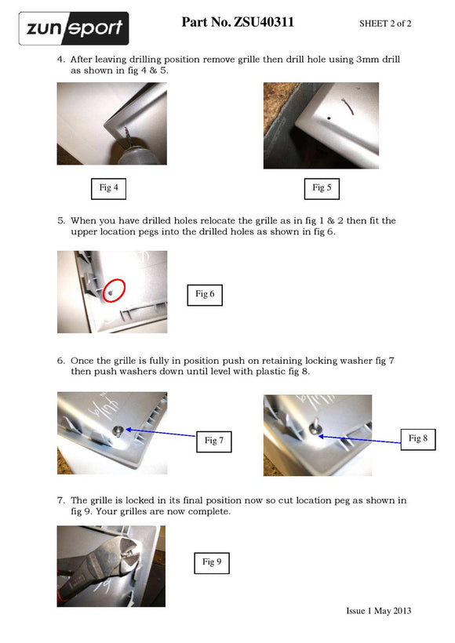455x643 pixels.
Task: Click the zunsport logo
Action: [74, 28]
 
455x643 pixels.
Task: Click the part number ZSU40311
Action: [264, 22]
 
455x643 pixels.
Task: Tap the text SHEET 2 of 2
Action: [385, 24]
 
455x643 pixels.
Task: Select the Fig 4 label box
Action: [108, 189]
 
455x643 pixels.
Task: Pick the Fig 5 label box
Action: [322, 189]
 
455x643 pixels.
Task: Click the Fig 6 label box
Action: [205, 295]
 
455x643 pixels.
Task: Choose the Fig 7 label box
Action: [213, 441]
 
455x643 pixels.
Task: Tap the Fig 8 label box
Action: [417, 439]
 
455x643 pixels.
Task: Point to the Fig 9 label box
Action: [211, 563]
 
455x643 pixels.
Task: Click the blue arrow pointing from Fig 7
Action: [160, 433]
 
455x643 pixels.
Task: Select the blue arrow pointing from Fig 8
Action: [359, 440]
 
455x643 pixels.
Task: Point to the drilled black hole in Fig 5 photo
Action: [329, 118]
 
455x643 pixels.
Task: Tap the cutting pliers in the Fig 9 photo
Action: [102, 567]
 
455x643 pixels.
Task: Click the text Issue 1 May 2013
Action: [379, 611]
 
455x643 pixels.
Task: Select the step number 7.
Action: [61, 500]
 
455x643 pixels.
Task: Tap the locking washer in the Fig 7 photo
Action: [118, 430]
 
